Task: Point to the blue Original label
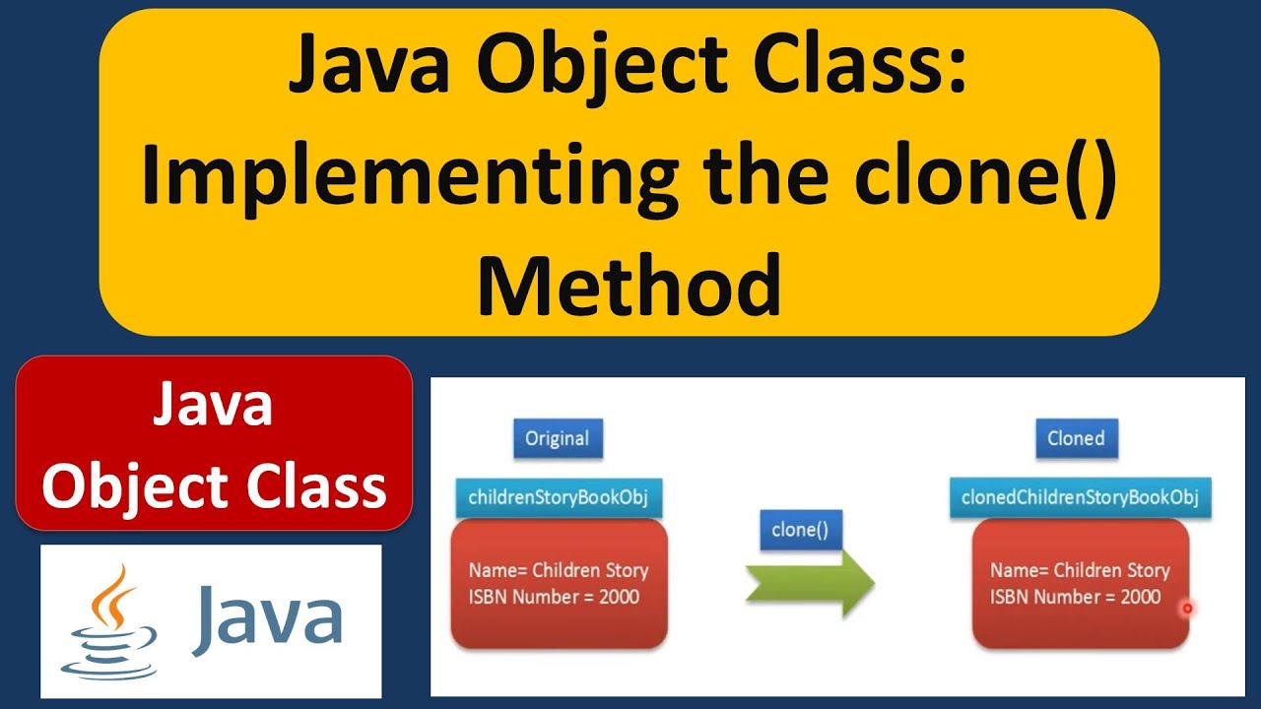558,438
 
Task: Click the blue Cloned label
1076,438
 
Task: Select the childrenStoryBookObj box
558,497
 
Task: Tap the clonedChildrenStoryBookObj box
1080,497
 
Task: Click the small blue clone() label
800,530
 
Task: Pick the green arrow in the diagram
809,583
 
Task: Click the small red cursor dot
1187,609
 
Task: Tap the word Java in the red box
212,406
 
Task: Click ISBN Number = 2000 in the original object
554,597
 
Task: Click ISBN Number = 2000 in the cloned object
1076,597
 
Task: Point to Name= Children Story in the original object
559,570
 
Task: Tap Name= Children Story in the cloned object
1080,570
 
